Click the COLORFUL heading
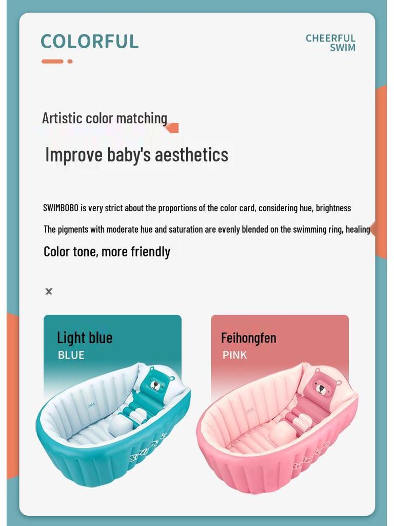(x=90, y=41)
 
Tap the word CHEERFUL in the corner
(x=330, y=38)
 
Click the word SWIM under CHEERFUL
(x=342, y=48)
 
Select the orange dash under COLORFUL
(x=52, y=62)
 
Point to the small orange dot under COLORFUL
(x=70, y=62)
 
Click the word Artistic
(x=62, y=118)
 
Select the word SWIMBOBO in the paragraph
(x=61, y=208)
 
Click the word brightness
(x=333, y=208)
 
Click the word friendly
(x=151, y=252)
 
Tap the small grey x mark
(x=49, y=291)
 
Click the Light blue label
(x=85, y=338)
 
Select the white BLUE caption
(x=71, y=355)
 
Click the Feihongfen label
(x=248, y=338)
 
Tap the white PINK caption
(x=234, y=355)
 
